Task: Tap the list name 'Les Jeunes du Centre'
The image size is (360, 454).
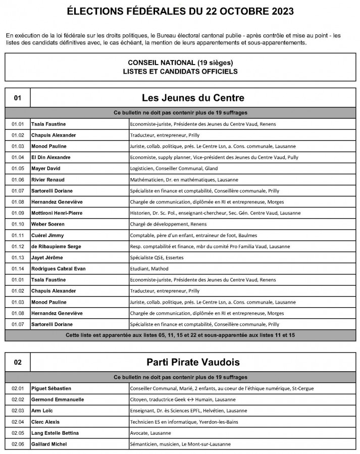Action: click(x=193, y=98)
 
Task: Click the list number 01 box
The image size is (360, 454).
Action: click(x=18, y=98)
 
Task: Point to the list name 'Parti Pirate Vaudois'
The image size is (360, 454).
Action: click(x=193, y=362)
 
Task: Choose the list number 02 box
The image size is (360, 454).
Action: click(x=18, y=362)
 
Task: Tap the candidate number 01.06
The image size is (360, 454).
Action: click(x=18, y=180)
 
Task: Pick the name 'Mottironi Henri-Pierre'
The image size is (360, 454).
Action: click(x=57, y=213)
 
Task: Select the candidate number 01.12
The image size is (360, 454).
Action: click(x=18, y=246)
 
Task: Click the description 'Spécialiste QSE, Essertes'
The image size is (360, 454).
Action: click(x=157, y=257)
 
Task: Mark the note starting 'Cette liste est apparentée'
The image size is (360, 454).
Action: click(x=180, y=335)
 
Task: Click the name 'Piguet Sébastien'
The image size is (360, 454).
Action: click(x=51, y=388)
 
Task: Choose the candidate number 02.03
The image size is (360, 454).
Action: click(x=18, y=411)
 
